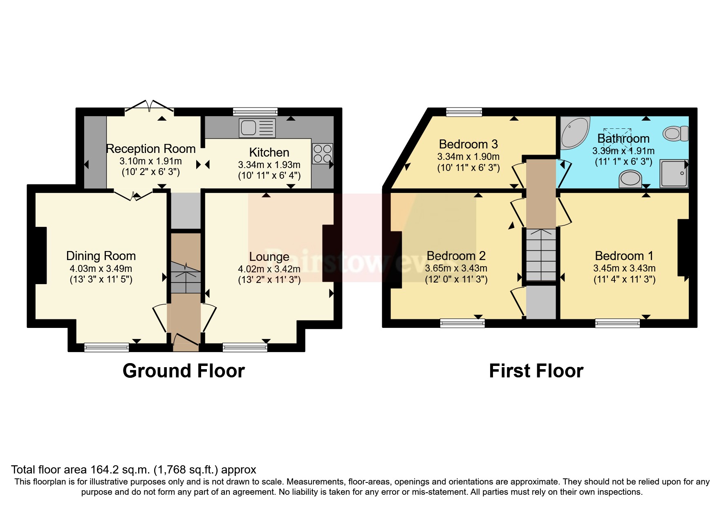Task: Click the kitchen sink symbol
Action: coord(257,128)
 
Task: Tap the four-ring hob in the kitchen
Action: coord(323,154)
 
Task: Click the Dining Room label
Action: coord(101,256)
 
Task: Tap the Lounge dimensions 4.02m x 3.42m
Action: coord(269,269)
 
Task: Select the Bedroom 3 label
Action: coord(468,144)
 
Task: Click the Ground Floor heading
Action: coord(184,371)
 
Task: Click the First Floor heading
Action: coord(536,371)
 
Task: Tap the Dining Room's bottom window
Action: coord(106,348)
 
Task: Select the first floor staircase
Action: coord(541,255)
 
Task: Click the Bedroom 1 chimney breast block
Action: coord(683,248)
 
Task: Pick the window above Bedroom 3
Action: coord(464,112)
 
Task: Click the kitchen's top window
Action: coord(255,112)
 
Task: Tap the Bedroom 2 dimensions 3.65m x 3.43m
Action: coord(456,268)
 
